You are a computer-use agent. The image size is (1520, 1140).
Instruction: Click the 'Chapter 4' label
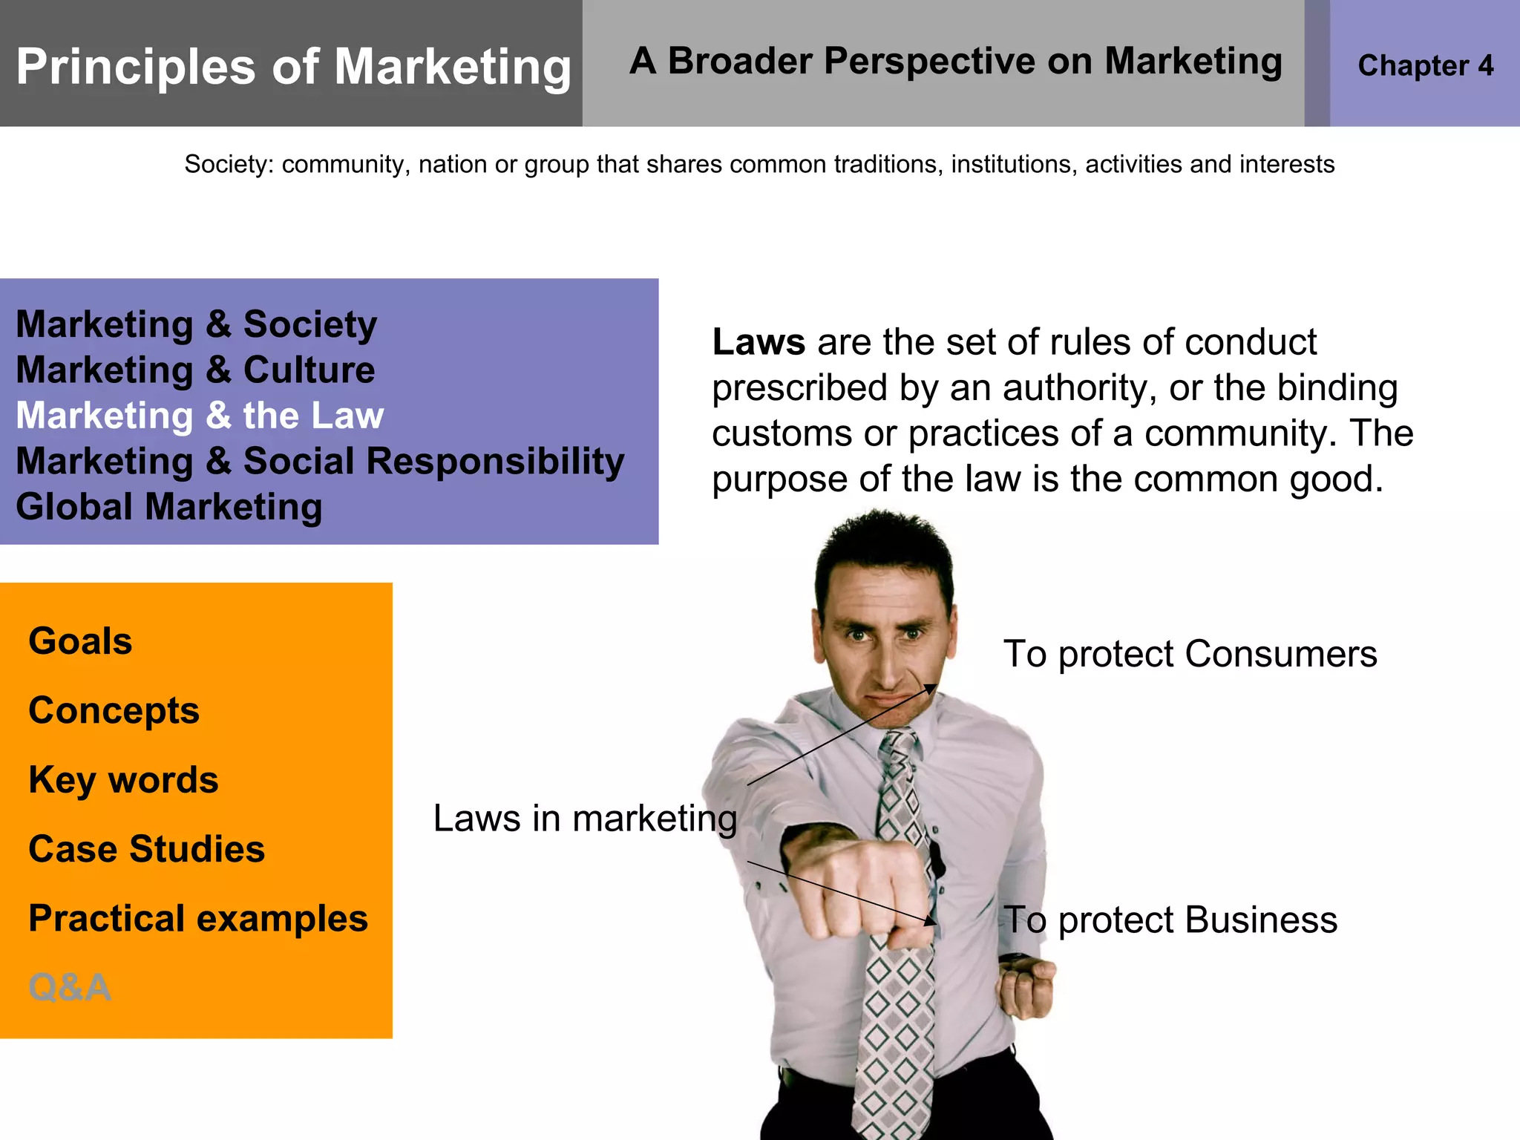click(1425, 66)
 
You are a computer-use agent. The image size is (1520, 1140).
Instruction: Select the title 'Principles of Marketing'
click(293, 67)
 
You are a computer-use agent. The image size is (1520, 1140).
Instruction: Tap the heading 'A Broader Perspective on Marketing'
click(955, 62)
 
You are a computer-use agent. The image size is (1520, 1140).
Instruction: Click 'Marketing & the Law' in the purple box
click(200, 416)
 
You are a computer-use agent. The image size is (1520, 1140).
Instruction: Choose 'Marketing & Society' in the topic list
click(196, 324)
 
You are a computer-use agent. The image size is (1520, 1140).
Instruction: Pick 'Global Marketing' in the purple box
click(169, 507)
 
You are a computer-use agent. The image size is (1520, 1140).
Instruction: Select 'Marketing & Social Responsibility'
click(320, 461)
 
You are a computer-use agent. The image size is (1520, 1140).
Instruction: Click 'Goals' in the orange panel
click(80, 641)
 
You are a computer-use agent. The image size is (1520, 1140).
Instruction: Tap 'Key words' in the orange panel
click(123, 780)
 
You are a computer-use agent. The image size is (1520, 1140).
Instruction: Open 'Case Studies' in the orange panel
click(146, 849)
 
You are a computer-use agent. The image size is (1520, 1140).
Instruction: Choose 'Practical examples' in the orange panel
click(198, 919)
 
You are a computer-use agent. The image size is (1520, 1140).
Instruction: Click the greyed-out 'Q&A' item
click(70, 988)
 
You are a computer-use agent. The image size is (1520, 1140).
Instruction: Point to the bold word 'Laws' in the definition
click(759, 343)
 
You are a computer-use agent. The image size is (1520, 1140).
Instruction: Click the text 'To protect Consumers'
click(1190, 655)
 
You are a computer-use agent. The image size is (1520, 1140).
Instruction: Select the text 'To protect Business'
click(1170, 920)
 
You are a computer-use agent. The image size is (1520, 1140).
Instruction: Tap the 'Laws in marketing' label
click(585, 819)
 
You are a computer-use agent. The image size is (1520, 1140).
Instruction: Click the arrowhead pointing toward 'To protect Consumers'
click(931, 689)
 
